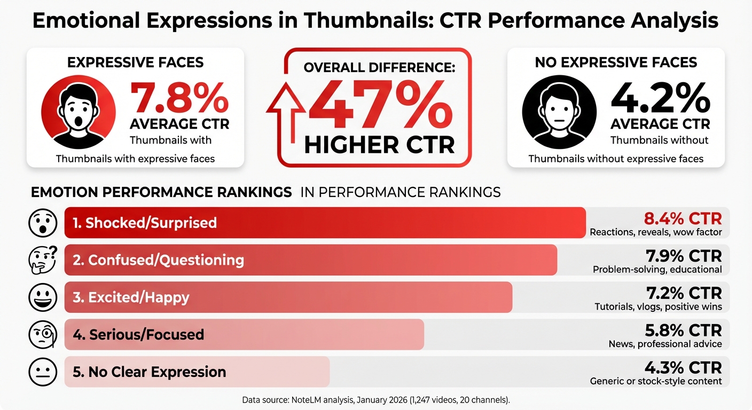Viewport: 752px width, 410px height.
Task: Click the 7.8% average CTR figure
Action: pos(179,97)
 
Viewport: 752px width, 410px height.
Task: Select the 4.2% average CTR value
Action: pos(660,97)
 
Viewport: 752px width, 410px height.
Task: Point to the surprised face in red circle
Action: pos(79,111)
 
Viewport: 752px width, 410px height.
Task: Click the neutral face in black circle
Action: pos(559,111)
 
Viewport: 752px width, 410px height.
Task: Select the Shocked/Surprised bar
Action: pos(325,223)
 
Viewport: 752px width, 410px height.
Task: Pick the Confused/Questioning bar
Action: pos(310,260)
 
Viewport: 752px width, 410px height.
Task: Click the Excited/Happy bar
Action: pos(288,297)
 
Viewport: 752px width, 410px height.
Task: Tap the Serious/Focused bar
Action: pos(244,335)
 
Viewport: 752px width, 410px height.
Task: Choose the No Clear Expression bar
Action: pos(197,372)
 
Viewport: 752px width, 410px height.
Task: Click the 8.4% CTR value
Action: pos(683,218)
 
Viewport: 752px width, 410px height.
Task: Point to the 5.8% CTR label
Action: pos(683,330)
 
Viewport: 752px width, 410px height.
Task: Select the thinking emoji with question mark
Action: pos(43,260)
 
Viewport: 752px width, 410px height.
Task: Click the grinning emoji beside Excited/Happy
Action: pos(42,297)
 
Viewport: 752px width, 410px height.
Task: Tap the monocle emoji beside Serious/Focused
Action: pos(43,335)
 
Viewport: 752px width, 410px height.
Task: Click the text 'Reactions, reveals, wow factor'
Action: pos(655,232)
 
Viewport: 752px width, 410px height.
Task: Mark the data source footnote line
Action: pos(375,400)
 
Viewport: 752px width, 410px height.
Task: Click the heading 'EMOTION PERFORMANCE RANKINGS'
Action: pos(161,192)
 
